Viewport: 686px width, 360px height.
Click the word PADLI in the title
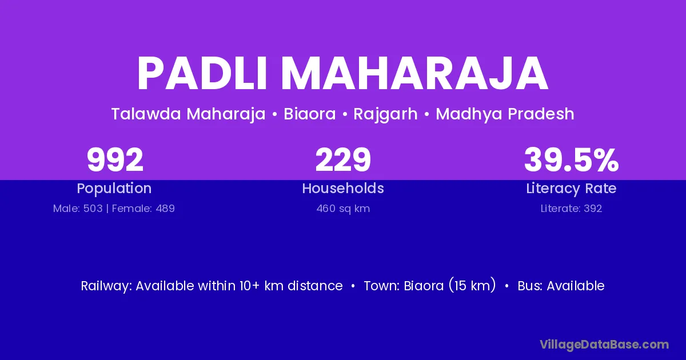point(202,74)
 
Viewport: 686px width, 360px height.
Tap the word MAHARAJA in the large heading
point(414,74)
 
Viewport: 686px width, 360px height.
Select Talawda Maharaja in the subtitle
point(188,114)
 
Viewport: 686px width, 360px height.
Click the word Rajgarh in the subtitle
point(385,115)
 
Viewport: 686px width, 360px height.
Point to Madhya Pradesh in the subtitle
point(505,114)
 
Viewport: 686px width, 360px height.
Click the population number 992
point(115,160)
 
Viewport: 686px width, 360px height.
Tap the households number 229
point(343,160)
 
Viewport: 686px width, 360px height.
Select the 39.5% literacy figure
point(572,160)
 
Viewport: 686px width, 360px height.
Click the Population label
point(114,189)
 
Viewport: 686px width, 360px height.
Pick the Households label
point(343,188)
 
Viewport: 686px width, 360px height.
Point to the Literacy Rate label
point(572,189)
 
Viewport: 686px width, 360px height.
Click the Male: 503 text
point(78,209)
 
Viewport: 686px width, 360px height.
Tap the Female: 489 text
point(143,209)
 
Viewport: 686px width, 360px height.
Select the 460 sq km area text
point(343,209)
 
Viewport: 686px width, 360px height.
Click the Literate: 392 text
point(572,209)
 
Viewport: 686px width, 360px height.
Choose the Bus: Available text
point(561,286)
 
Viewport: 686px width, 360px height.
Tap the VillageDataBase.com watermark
point(604,345)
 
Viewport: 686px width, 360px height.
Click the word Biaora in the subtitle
point(310,114)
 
